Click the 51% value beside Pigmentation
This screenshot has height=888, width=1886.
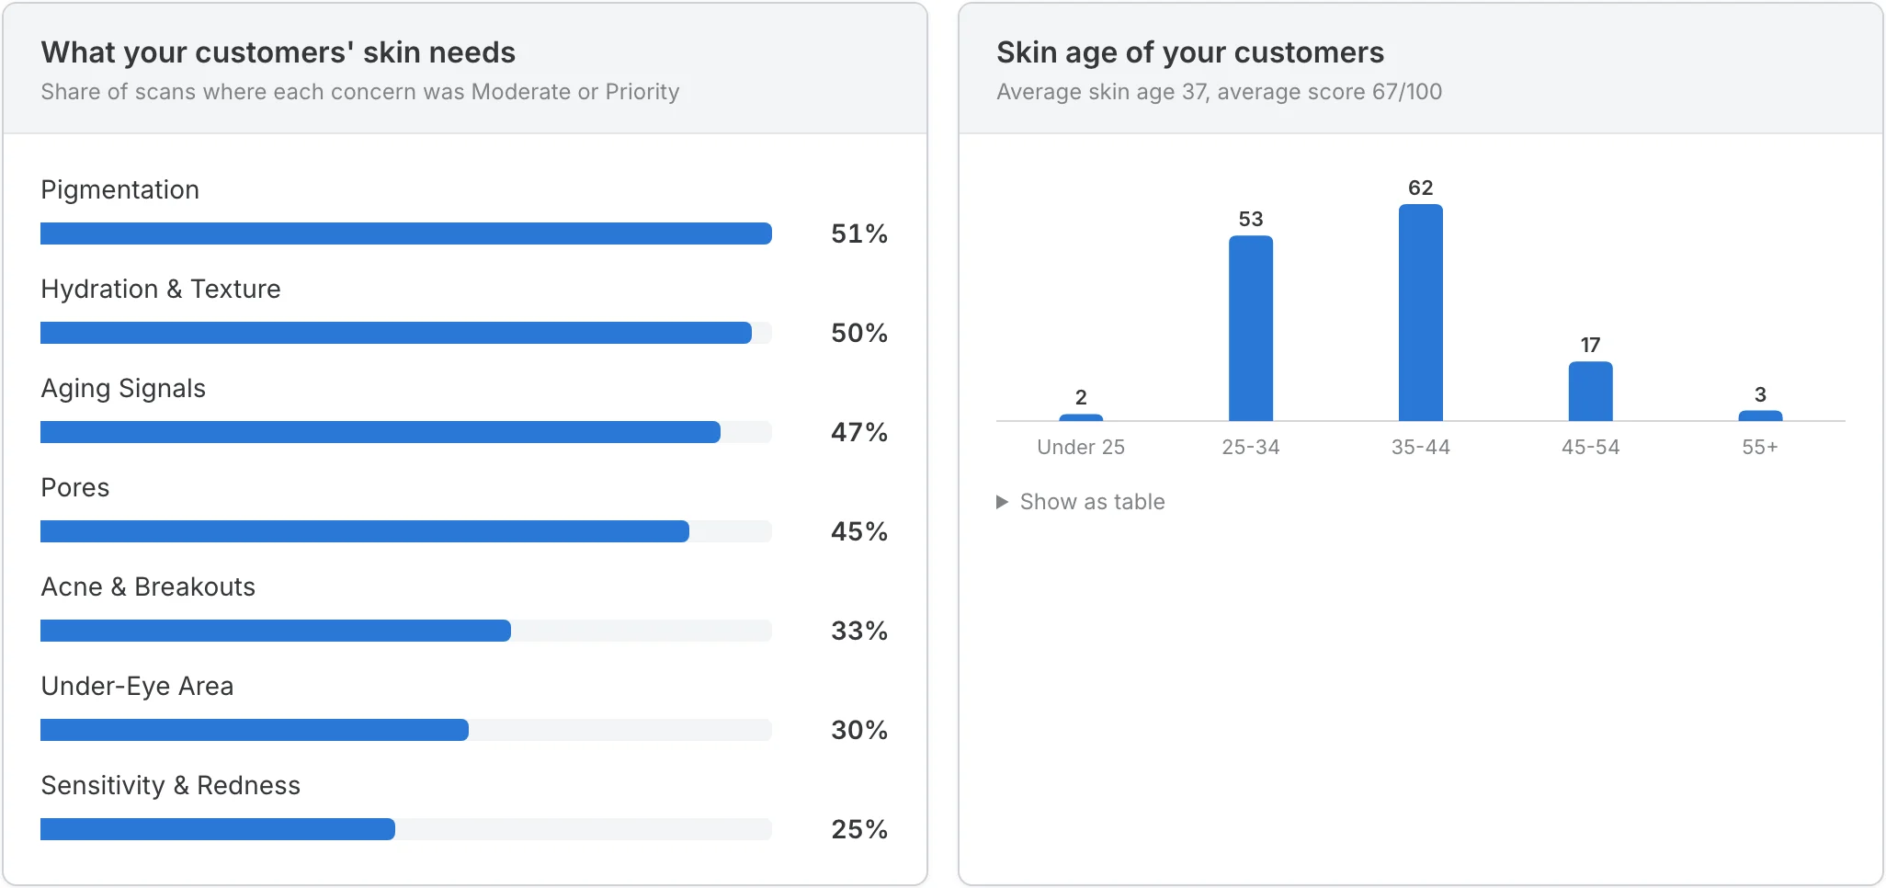click(859, 233)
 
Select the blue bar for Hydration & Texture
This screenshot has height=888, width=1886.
click(396, 333)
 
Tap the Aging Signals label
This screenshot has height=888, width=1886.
click(123, 389)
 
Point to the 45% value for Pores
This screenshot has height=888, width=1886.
click(859, 531)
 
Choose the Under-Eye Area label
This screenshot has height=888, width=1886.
click(137, 687)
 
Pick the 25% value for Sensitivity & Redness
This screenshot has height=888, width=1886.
click(859, 829)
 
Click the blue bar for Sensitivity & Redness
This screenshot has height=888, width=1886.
click(218, 829)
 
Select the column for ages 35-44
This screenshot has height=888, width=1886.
click(1421, 313)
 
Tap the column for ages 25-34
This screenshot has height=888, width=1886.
click(1251, 328)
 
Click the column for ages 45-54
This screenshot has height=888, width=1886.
click(1591, 392)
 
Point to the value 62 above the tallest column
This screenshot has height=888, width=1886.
click(1421, 188)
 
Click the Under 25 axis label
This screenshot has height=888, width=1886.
click(1081, 447)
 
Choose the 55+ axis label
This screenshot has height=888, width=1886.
click(1760, 447)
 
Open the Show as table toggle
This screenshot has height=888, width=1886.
click(1081, 502)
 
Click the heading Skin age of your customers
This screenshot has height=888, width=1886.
click(1190, 52)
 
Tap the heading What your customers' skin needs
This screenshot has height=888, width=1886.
click(278, 52)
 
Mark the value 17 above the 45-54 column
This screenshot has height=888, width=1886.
click(1591, 345)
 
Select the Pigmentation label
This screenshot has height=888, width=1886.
click(120, 190)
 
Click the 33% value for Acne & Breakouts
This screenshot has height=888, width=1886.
click(859, 631)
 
